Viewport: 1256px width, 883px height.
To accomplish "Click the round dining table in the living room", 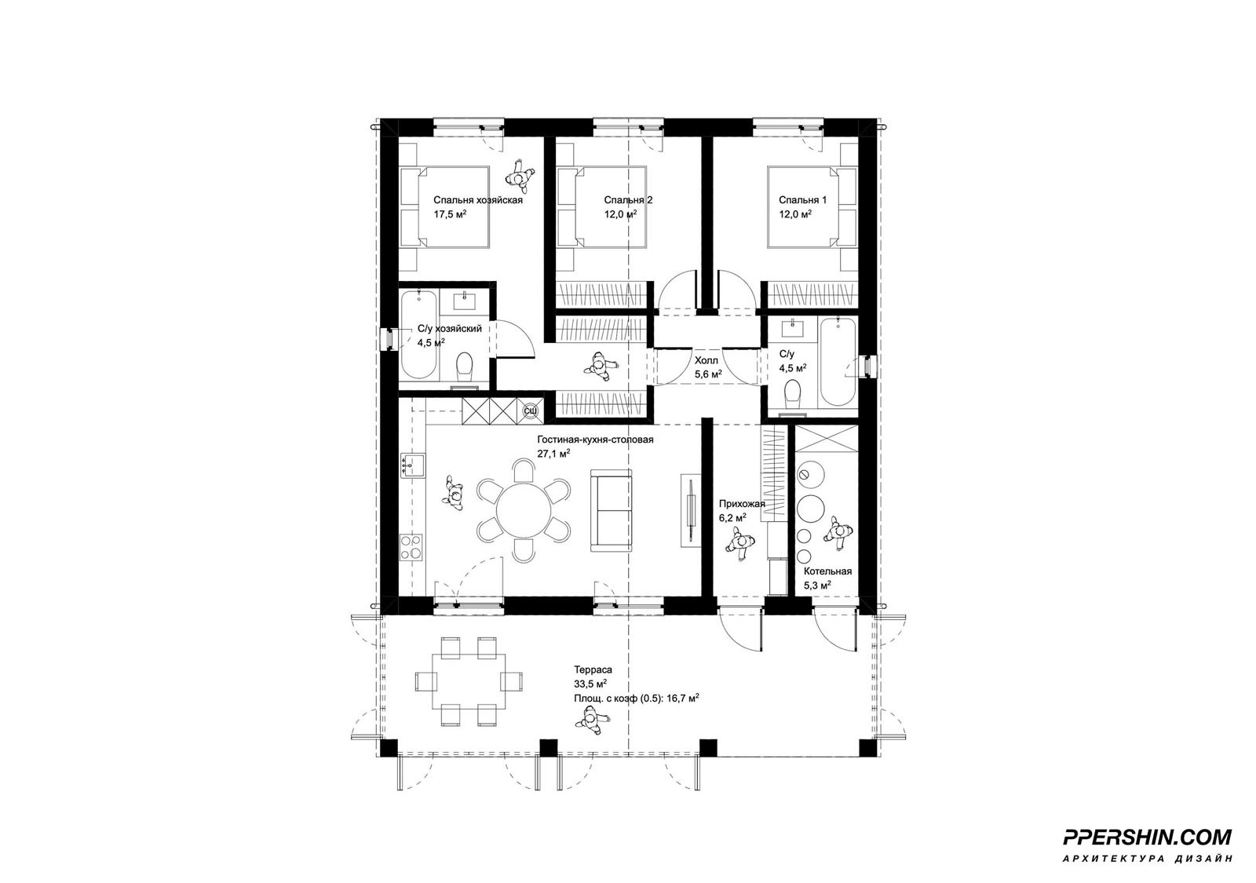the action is point(524,509).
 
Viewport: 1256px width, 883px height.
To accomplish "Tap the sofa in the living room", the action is point(612,510).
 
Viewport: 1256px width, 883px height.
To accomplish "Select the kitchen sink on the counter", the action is point(413,465).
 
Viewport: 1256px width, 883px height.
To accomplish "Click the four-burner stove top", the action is point(411,547).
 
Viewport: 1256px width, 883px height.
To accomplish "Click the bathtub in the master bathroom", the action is point(419,337).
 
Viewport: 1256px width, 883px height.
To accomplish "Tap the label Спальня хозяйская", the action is point(478,200).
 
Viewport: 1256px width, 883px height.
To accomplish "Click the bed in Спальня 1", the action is point(812,206).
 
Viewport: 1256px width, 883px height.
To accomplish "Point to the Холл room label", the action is point(706,360).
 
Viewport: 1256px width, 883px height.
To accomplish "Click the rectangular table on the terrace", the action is point(468,681).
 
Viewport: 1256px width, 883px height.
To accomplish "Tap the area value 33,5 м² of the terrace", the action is point(590,684).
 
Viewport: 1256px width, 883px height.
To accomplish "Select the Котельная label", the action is point(827,571).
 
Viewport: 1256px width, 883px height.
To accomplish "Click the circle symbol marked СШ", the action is point(530,411).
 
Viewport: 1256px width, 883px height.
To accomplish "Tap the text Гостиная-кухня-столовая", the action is point(596,440).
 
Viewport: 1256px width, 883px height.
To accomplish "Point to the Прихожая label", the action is point(742,504).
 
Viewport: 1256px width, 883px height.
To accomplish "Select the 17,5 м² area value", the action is point(451,213).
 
